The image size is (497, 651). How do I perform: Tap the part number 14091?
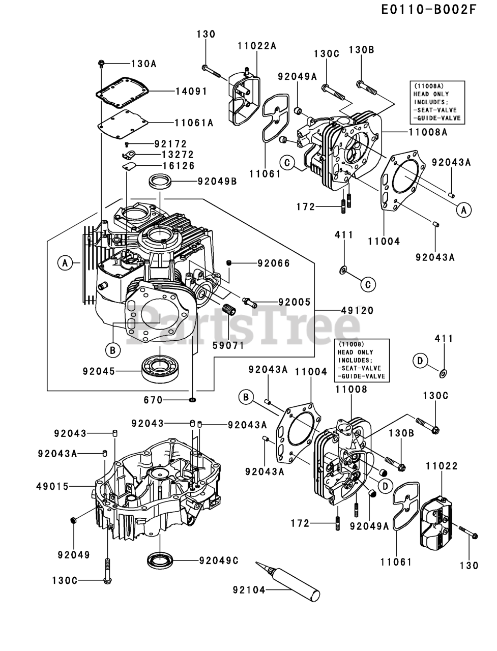tap(192, 92)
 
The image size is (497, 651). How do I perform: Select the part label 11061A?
tap(194, 123)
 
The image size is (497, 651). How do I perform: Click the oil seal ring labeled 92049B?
tap(160, 181)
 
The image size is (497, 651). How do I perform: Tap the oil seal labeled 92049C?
tap(161, 561)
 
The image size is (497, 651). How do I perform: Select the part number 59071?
tap(228, 345)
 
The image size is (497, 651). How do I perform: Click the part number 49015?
tap(52, 486)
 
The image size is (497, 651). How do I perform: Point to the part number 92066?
tap(274, 263)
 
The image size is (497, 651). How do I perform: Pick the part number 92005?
tap(294, 302)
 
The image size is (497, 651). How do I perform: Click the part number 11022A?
tap(257, 45)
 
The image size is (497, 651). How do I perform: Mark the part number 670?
tap(153, 400)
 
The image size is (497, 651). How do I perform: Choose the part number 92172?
tap(171, 144)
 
